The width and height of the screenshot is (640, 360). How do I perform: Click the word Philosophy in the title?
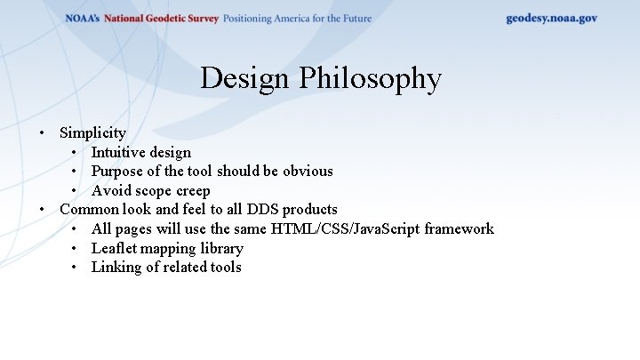[370, 78]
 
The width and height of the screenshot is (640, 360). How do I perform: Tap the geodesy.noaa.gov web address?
[551, 18]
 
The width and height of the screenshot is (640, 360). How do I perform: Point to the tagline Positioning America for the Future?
[297, 19]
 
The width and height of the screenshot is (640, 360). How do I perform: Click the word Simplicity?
[92, 132]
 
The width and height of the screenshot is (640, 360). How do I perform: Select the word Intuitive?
[119, 152]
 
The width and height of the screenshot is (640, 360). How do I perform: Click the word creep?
[193, 190]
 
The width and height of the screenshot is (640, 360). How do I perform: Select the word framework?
[459, 228]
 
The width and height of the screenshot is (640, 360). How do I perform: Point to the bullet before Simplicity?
[43, 133]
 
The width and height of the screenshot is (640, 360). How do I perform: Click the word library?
[221, 248]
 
